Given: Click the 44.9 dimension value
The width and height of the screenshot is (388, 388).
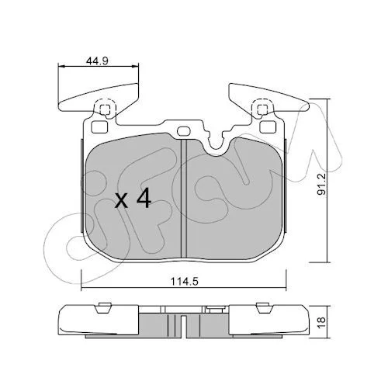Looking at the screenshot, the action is [x=97, y=61].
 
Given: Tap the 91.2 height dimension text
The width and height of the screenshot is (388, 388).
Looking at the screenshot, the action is [x=321, y=185].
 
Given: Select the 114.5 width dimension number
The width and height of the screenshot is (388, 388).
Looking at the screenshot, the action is [x=184, y=282].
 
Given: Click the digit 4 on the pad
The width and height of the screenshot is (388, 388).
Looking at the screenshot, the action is [x=144, y=198].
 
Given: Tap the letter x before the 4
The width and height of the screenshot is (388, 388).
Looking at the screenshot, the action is [x=121, y=201].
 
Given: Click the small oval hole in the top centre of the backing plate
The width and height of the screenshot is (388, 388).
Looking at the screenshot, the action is [x=184, y=131].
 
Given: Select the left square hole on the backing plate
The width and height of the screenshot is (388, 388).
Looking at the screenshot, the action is [x=99, y=126].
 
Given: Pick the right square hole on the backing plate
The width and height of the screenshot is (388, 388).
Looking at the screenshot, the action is [x=268, y=126].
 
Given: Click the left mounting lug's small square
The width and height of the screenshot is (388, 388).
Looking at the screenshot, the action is [x=105, y=109].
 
